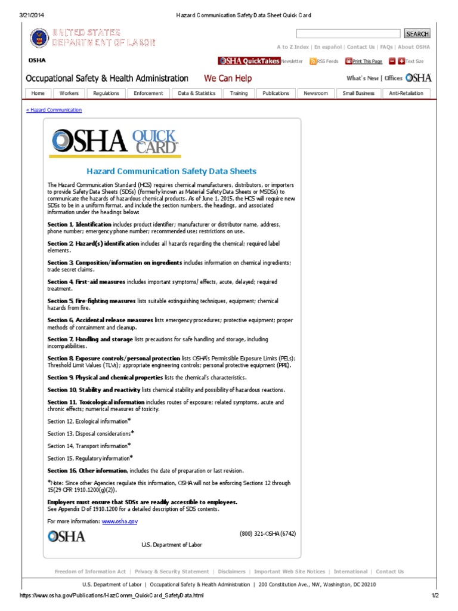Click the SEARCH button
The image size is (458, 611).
click(x=417, y=34)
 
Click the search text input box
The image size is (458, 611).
click(x=348, y=34)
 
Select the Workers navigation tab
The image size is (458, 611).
click(x=69, y=93)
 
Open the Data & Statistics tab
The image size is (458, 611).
click(x=197, y=93)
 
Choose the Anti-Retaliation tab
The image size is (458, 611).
click(x=406, y=93)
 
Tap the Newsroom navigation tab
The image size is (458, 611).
click(x=315, y=93)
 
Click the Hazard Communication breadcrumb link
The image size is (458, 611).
click(x=54, y=110)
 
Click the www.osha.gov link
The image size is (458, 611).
click(x=120, y=521)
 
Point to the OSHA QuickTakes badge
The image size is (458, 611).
click(x=249, y=61)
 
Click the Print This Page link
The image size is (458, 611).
click(x=367, y=61)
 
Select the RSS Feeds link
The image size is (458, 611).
click(x=327, y=61)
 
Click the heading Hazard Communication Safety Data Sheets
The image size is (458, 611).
click(x=172, y=171)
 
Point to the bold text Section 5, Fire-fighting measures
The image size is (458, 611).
click(x=92, y=301)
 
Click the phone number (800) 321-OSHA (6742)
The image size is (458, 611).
click(x=267, y=533)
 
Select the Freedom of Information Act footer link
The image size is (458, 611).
click(x=90, y=572)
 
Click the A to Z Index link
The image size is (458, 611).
click(x=293, y=47)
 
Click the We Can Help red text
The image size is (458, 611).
click(x=228, y=78)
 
